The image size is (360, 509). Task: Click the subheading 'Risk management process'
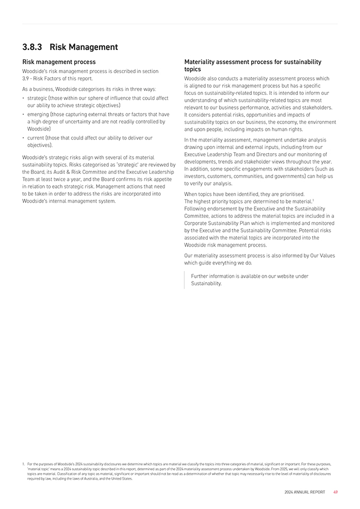(x=58, y=62)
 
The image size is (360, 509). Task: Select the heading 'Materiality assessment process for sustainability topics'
(x=252, y=65)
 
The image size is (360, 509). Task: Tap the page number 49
(x=336, y=492)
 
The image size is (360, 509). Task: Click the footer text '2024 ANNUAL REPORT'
(x=304, y=492)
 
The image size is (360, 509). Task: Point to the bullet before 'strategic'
(x=24, y=99)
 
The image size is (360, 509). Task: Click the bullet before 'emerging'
(x=24, y=114)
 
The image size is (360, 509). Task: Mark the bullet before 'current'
(x=24, y=138)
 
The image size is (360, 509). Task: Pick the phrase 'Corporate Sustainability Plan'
(x=217, y=223)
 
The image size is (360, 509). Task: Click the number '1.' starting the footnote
(x=23, y=464)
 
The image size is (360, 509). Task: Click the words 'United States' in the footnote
(x=122, y=478)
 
